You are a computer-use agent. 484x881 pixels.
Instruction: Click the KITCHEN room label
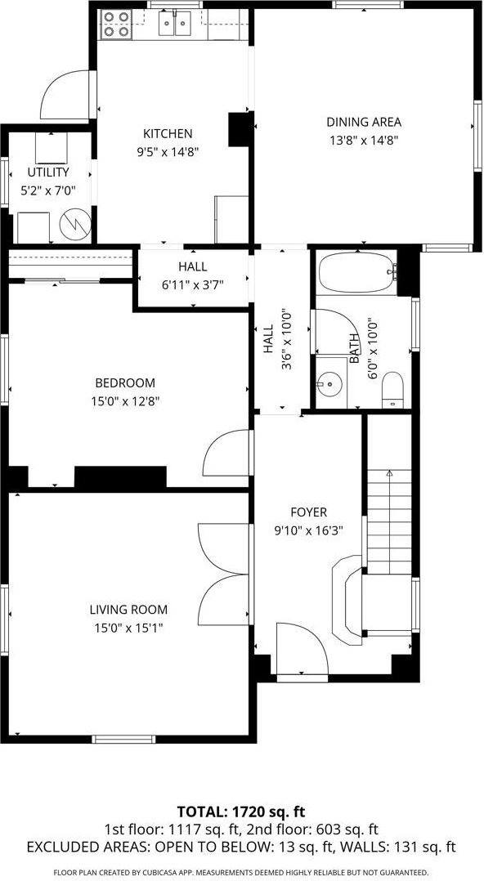tap(168, 134)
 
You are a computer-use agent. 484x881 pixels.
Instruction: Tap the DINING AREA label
tap(364, 123)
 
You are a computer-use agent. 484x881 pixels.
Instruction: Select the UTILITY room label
tap(48, 172)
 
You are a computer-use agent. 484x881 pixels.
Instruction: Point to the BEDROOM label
tap(124, 382)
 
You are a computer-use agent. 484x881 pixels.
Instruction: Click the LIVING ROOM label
tap(128, 609)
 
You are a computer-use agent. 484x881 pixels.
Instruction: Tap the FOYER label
tap(308, 512)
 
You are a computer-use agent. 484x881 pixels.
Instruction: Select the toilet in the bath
tap(393, 390)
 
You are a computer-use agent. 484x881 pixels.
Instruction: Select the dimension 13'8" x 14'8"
tap(364, 140)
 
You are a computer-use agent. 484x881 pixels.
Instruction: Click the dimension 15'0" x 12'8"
tap(124, 400)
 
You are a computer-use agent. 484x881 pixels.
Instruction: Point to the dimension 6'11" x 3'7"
tap(193, 284)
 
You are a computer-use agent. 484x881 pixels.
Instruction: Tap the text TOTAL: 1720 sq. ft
tap(242, 812)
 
